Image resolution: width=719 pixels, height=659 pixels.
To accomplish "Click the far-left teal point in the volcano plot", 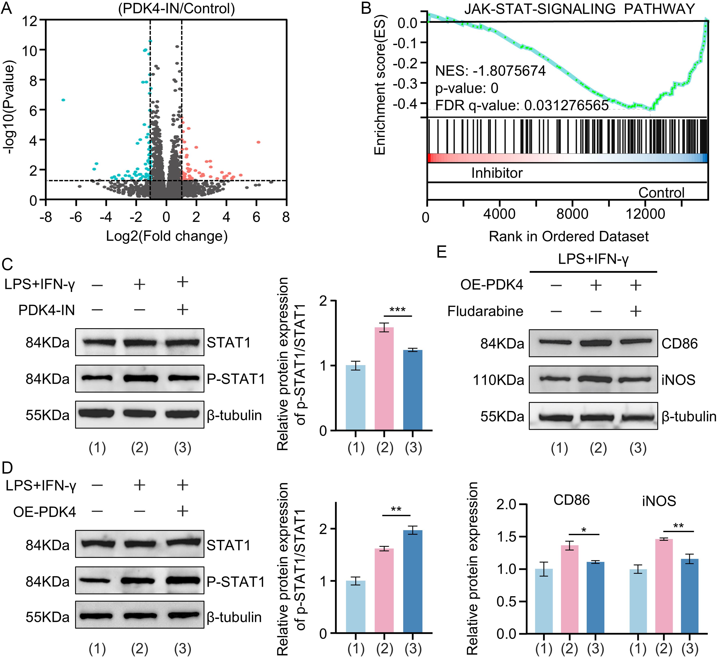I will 63,100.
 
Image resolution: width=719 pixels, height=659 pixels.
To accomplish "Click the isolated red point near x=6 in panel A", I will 258,142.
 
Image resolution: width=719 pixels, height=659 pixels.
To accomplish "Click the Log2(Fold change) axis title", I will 167,236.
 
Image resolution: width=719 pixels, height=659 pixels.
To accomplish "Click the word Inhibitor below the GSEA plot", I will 497,173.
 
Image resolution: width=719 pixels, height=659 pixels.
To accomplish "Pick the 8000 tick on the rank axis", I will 572,214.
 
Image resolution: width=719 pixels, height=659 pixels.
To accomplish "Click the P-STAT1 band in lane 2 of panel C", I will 140,378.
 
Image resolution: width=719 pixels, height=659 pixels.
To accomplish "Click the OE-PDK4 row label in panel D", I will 45,512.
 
